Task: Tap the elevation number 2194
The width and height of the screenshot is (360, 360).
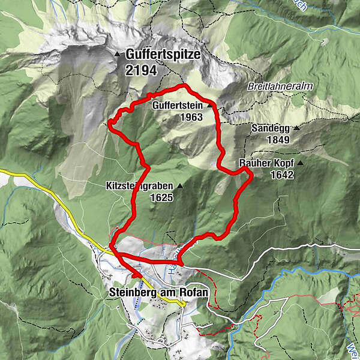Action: pos(141,70)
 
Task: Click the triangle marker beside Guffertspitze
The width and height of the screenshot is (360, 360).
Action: pos(117,55)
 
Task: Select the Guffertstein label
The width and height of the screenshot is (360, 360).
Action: pos(178,105)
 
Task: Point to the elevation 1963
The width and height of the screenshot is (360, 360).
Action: pos(191,118)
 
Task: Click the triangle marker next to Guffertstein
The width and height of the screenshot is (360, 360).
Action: pos(209,105)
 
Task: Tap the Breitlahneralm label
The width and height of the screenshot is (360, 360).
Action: pos(281,86)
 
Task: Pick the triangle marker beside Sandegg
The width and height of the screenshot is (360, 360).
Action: pos(296,128)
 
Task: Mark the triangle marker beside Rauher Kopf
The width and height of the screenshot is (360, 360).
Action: pos(299,163)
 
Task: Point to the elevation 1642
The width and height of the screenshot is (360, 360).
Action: pos(281,175)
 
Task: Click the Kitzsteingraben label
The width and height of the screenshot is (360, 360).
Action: pos(137,186)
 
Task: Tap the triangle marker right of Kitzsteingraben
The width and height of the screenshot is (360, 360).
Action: pos(179,186)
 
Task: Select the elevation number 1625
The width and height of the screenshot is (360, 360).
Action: pos(161,197)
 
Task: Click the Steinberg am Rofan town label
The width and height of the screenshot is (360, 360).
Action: pos(159,292)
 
